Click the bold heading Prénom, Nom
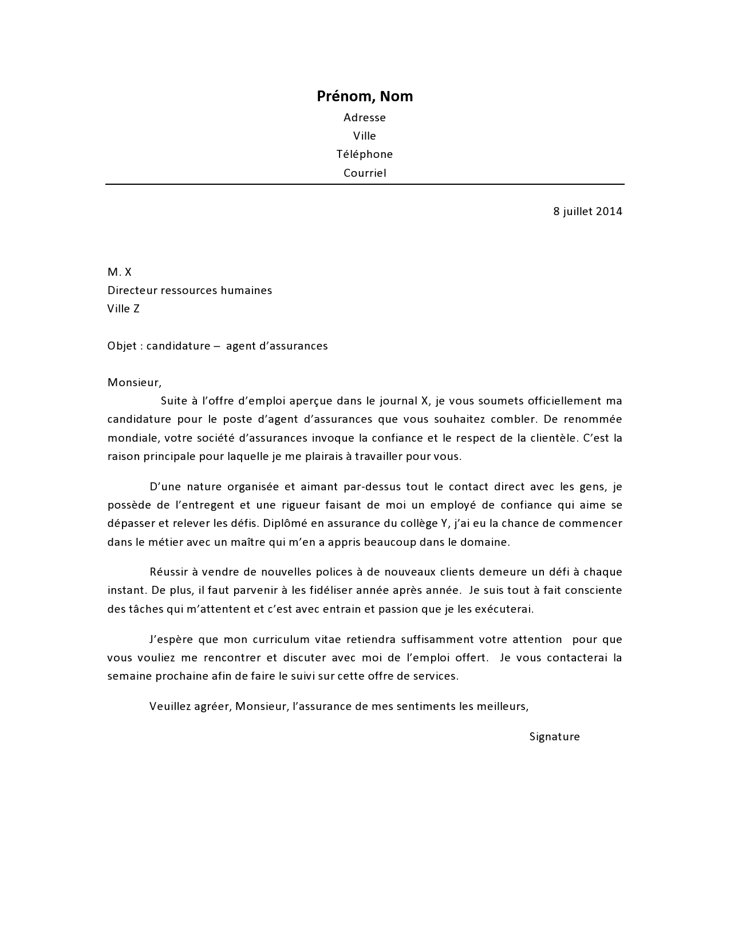click(x=365, y=96)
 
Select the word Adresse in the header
click(x=365, y=117)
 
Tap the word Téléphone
click(x=365, y=154)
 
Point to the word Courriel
click(x=365, y=173)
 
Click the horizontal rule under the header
click(x=365, y=184)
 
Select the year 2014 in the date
click(x=609, y=211)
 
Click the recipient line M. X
click(x=120, y=272)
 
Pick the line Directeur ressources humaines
click(x=190, y=290)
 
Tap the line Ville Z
click(x=123, y=309)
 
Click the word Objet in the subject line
click(x=122, y=346)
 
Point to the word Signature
click(x=554, y=736)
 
